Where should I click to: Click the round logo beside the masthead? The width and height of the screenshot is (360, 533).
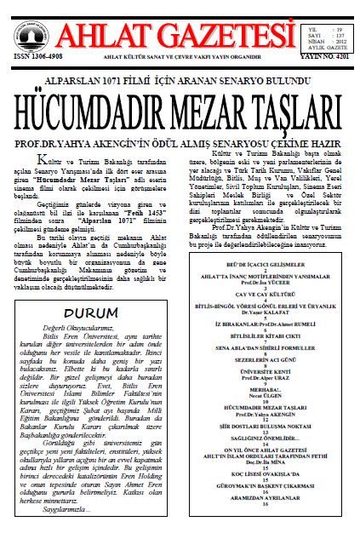26,32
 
